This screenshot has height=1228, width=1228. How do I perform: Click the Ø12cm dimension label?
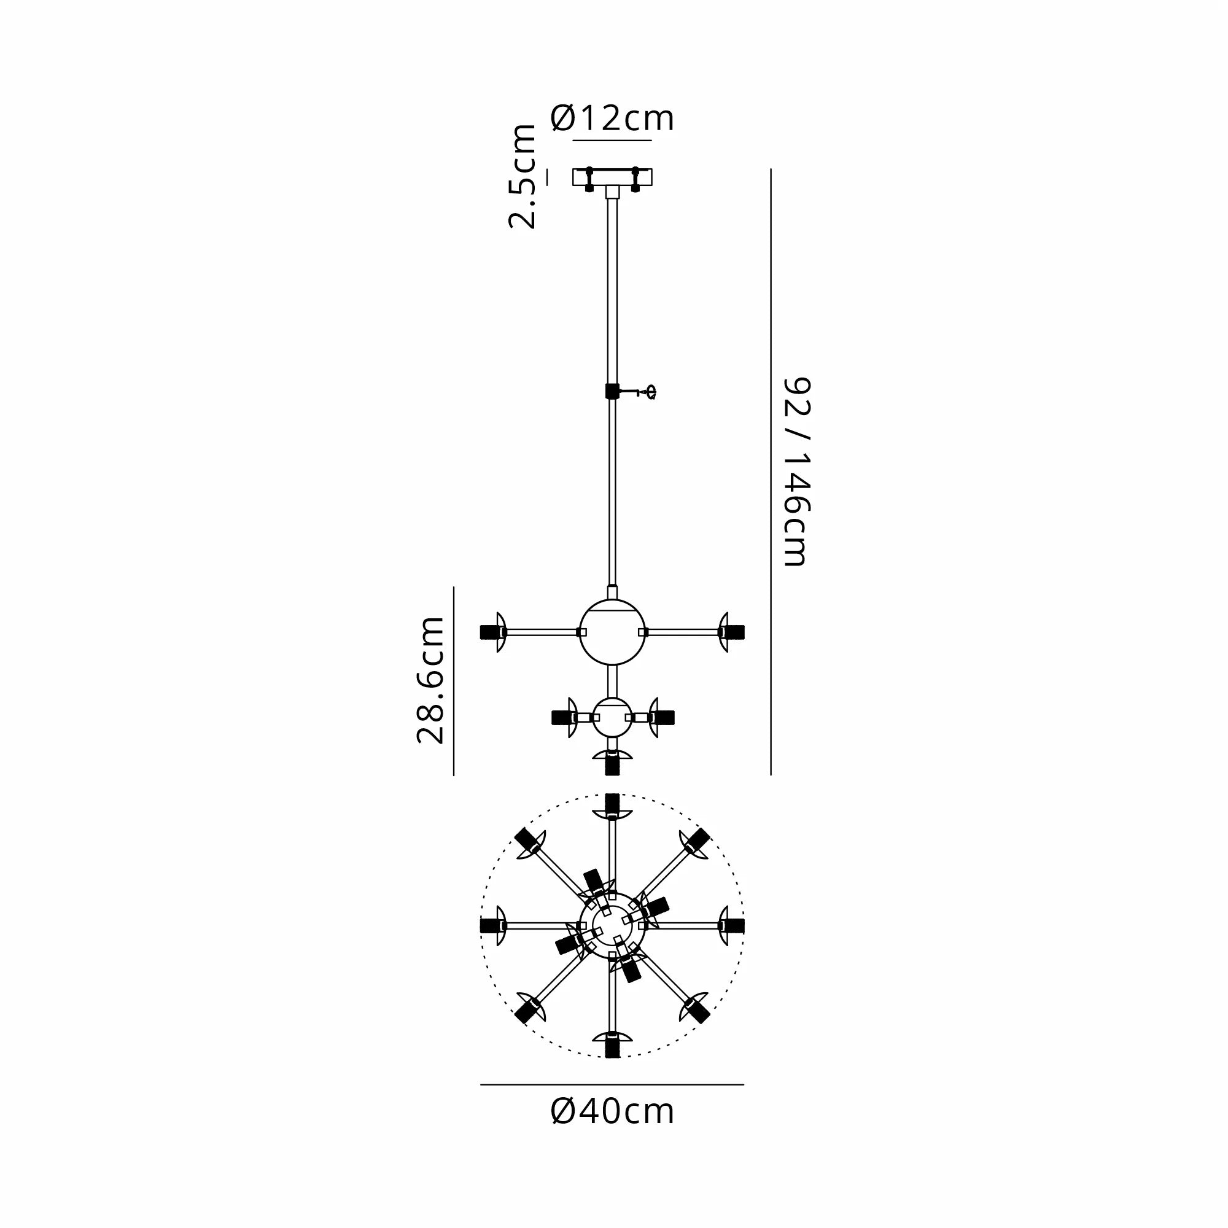pyautogui.click(x=612, y=119)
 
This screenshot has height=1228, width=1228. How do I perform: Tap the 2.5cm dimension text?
pyautogui.click(x=523, y=176)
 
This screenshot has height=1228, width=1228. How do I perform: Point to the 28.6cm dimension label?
pyautogui.click(x=431, y=680)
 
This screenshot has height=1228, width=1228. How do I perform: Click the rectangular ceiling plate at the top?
pyautogui.click(x=612, y=177)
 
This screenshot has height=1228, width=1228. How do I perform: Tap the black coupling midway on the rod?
pyautogui.click(x=612, y=391)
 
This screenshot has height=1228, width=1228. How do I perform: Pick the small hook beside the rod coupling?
pyautogui.click(x=650, y=392)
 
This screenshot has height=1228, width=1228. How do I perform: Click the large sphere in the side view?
pyautogui.click(x=612, y=632)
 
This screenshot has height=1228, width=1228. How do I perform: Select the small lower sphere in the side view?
pyautogui.click(x=612, y=717)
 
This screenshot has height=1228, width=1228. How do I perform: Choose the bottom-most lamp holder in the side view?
pyautogui.click(x=612, y=763)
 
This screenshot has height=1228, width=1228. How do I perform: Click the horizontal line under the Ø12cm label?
pyautogui.click(x=612, y=140)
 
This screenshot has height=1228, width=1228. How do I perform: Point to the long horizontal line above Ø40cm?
pyautogui.click(x=612, y=1084)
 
